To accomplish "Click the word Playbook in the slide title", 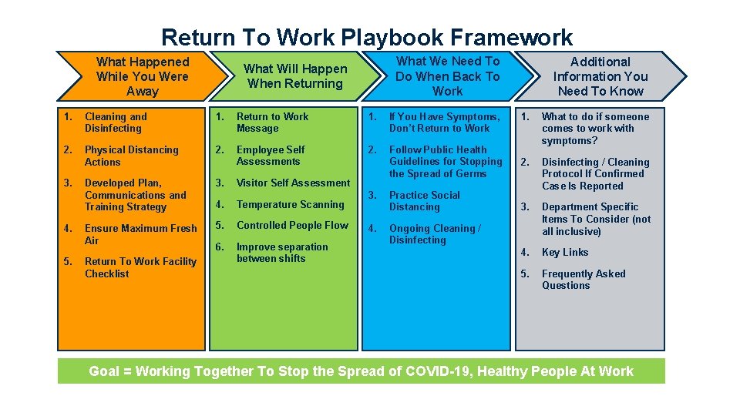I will [x=395, y=37].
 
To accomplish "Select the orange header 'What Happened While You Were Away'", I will [x=143, y=76].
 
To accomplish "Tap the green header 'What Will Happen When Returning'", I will [x=295, y=76].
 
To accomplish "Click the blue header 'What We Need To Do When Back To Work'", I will [x=447, y=76].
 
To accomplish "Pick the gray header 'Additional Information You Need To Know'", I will [x=600, y=76].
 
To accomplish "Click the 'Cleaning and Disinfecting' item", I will [x=115, y=122].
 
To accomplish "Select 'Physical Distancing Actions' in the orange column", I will [x=131, y=156].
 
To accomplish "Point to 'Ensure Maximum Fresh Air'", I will [x=140, y=234].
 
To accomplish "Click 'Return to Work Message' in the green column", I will [x=272, y=122].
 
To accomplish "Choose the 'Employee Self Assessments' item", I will [x=271, y=156].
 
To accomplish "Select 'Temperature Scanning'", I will [x=290, y=205].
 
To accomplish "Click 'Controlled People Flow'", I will [x=292, y=226].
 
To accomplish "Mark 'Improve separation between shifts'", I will [x=282, y=253].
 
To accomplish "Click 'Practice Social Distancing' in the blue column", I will [x=424, y=201].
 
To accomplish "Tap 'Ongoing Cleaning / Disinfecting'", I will [x=434, y=234].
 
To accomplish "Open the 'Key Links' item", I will [x=565, y=253].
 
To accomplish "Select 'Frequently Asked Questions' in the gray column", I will [x=584, y=280].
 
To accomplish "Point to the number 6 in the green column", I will [x=218, y=247].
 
